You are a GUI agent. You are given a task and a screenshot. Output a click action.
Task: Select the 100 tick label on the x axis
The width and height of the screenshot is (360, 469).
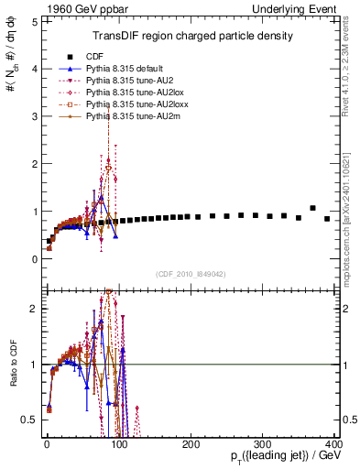pyautogui.click(x=118, y=444)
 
